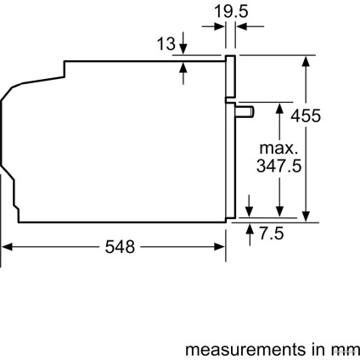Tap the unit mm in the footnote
(344, 349)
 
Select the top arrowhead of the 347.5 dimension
(278, 108)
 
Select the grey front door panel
(230, 140)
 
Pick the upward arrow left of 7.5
(250, 230)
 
